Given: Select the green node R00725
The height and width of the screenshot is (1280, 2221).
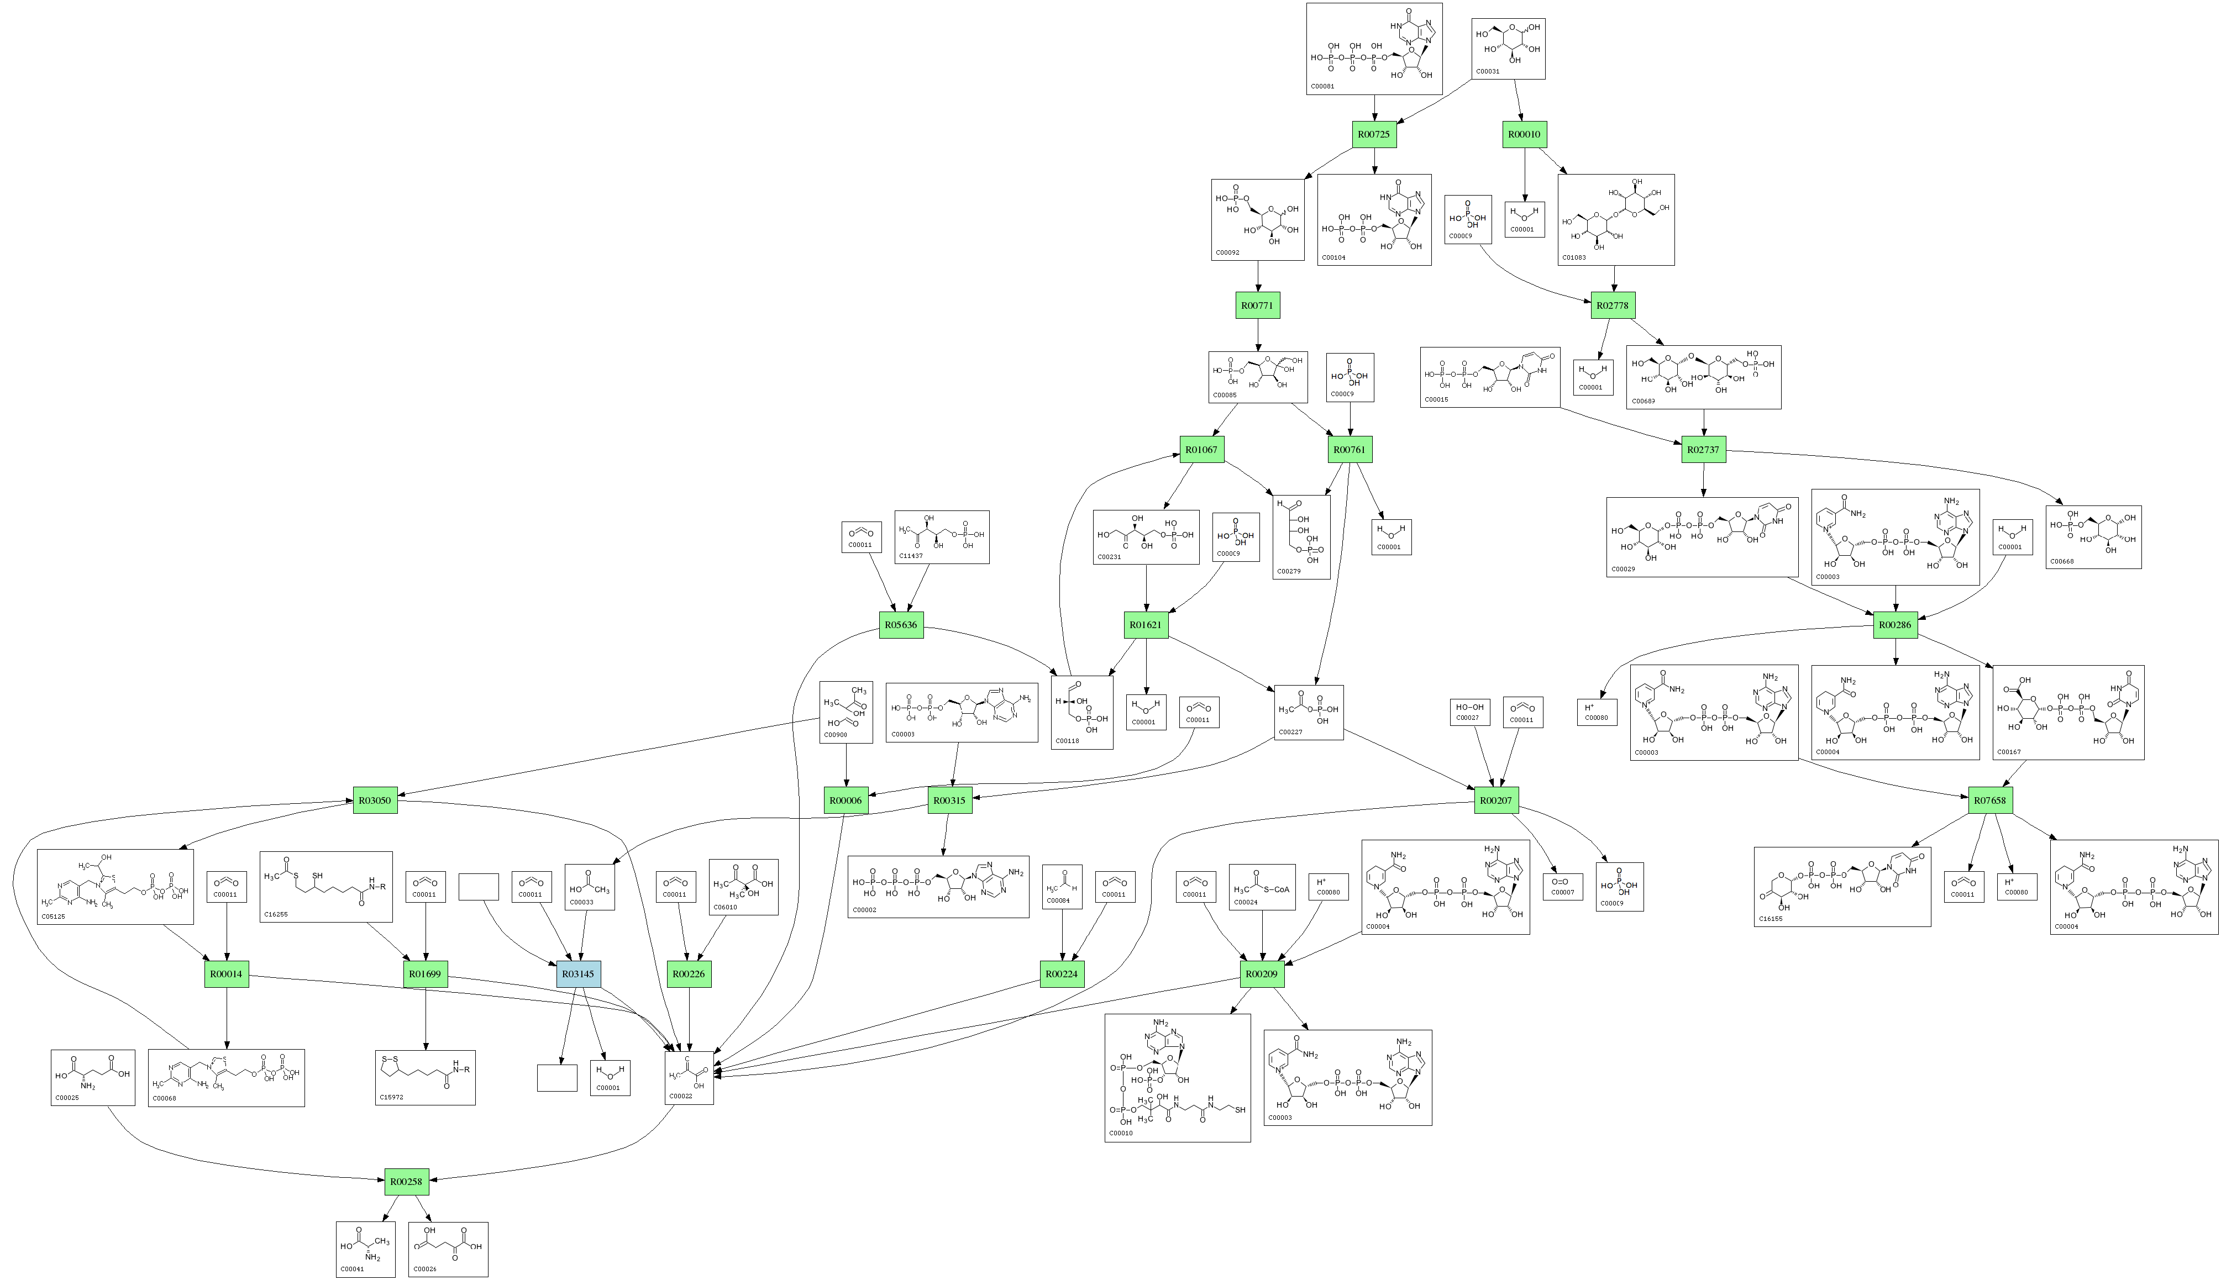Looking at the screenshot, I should (x=1373, y=134).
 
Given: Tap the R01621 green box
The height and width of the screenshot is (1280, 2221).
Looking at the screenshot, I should (x=1146, y=625).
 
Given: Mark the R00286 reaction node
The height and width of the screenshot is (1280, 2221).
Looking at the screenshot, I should (x=1895, y=625).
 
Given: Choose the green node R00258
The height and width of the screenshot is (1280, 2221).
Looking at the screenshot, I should (x=406, y=1182).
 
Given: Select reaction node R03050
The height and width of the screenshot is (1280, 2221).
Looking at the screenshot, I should (x=375, y=800).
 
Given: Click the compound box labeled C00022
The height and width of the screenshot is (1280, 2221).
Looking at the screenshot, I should (x=689, y=1077).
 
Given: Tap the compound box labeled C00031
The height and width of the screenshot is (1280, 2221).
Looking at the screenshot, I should (x=1508, y=49).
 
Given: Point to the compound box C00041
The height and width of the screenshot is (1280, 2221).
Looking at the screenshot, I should (x=365, y=1249).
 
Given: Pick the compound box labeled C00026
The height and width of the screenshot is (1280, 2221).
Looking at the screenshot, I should (x=448, y=1249).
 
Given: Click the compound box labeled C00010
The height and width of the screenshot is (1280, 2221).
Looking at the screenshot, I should (x=1177, y=1078).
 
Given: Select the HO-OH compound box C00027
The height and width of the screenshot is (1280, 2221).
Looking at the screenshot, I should (x=1469, y=712).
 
